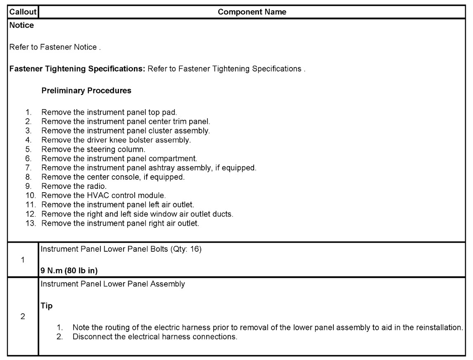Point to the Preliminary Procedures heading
(x=87, y=91)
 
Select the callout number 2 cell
(x=22, y=317)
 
